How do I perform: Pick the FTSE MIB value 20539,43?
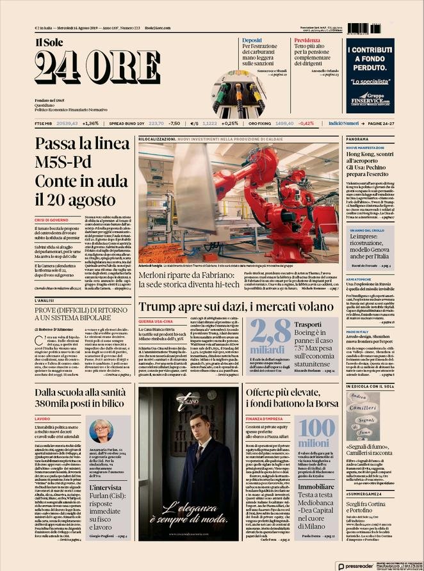coord(67,123)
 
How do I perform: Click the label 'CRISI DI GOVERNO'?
coord(53,220)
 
